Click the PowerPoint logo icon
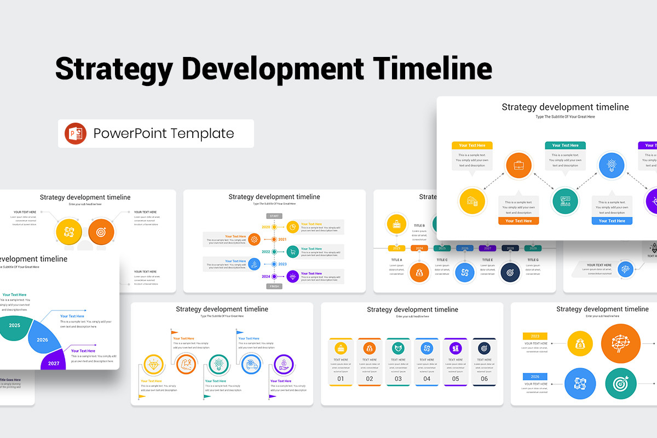pyautogui.click(x=76, y=134)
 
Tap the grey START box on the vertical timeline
pyautogui.click(x=274, y=216)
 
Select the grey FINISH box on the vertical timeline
pyautogui.click(x=274, y=286)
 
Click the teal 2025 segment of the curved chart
pyautogui.click(x=15, y=326)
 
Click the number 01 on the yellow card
pyautogui.click(x=341, y=378)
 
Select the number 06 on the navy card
pyautogui.click(x=484, y=378)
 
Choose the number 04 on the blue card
pyautogui.click(x=427, y=378)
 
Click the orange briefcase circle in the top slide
pyautogui.click(x=518, y=165)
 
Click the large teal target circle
pyautogui.click(x=621, y=383)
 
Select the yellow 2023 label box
pyautogui.click(x=535, y=336)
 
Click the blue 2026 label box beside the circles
pyautogui.click(x=535, y=377)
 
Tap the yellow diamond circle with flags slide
pyautogui.click(x=153, y=365)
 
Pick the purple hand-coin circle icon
pyautogui.click(x=284, y=365)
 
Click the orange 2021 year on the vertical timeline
pyautogui.click(x=283, y=239)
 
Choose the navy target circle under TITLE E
pyautogui.click(x=510, y=272)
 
